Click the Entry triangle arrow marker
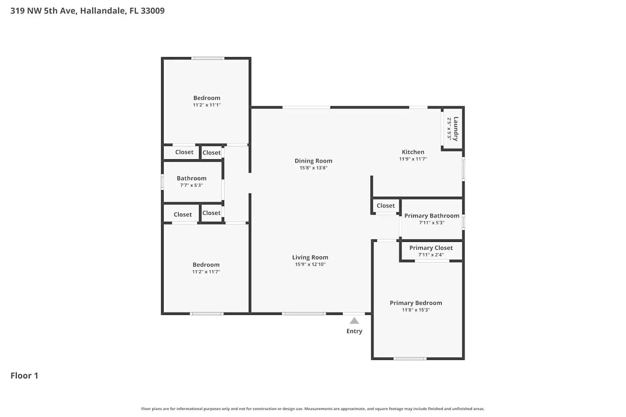[354, 321]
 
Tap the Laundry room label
[456, 128]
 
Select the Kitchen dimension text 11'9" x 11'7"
[413, 159]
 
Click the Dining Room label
[313, 161]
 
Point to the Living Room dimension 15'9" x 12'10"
[310, 264]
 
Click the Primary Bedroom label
[416, 303]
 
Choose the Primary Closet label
[431, 248]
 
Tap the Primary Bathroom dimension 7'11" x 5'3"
[432, 223]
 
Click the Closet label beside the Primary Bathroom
[386, 206]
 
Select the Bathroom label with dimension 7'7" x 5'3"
[192, 178]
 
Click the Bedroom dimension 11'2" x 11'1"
[207, 105]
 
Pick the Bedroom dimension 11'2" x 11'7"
[206, 272]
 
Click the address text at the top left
[88, 11]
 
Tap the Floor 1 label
[24, 376]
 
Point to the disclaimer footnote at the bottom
[313, 409]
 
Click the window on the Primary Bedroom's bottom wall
[410, 358]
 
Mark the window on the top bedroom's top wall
[208, 58]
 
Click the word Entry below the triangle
[354, 331]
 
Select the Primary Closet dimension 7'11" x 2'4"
[431, 255]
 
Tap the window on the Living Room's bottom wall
[303, 313]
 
